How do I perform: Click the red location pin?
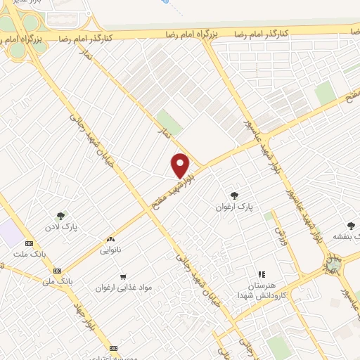(x=181, y=165)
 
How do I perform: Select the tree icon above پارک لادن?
(x=61, y=217)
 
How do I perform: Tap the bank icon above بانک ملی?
(x=58, y=270)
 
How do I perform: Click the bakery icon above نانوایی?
(x=110, y=239)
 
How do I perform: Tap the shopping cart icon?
(x=124, y=277)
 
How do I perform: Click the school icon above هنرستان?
(x=261, y=274)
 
